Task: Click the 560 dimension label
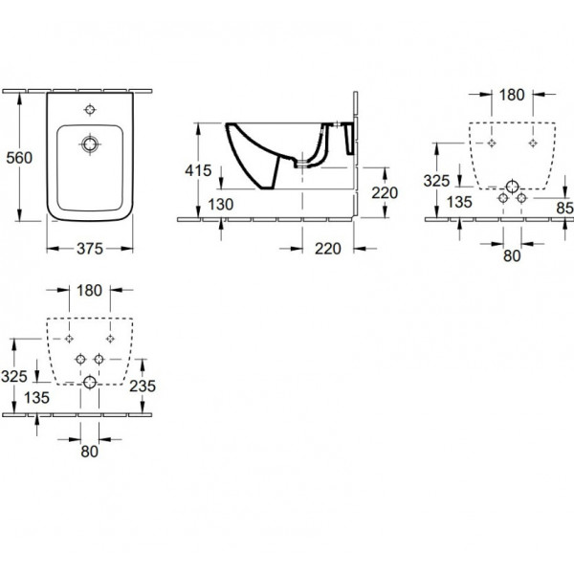pos(19,158)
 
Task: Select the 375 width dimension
pos(90,249)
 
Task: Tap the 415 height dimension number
pos(198,170)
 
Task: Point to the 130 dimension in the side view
pos(221,205)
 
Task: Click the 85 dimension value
pos(564,208)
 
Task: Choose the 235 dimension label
pos(143,386)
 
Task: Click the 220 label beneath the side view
pos(328,249)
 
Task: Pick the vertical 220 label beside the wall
pos(385,193)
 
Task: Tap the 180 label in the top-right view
pos(512,95)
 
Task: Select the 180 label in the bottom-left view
pos(89,291)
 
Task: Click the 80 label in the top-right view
pos(512,256)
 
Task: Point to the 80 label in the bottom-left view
pos(89,452)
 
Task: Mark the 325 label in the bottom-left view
pos(14,376)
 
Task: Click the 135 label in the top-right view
pos(460,202)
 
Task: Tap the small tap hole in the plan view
pos(90,109)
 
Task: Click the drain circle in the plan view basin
pos(90,144)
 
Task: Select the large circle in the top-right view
pos(512,187)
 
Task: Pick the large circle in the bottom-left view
pos(90,382)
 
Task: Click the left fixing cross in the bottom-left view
pos(69,339)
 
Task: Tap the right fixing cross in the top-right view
pos(533,143)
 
